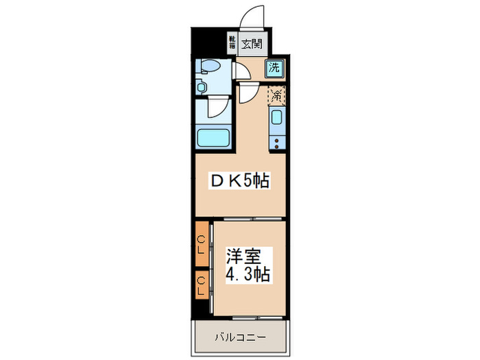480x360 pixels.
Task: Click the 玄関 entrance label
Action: [252, 45]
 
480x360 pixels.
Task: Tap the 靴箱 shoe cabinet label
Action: [232, 43]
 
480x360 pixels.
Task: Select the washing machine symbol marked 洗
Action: [274, 68]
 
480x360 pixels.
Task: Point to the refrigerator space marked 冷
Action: [276, 95]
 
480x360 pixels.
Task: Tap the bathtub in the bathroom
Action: [213, 137]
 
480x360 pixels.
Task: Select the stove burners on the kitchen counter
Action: [277, 143]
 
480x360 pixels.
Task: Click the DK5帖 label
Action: [239, 181]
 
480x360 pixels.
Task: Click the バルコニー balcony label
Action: [239, 337]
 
